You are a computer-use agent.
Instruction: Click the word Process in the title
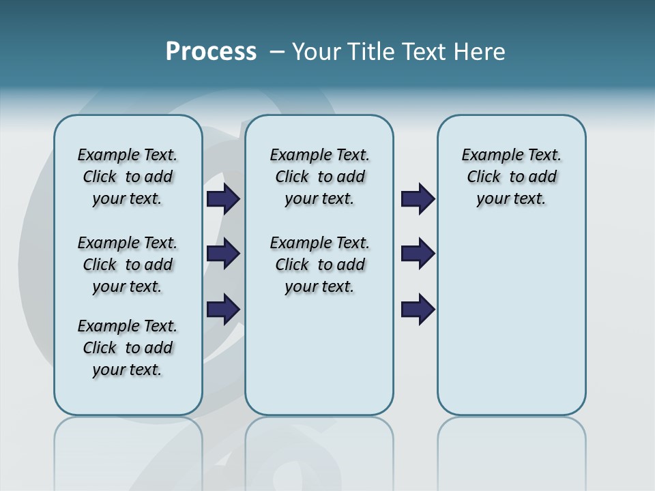pyautogui.click(x=211, y=52)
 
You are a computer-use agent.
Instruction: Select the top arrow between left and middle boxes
pyautogui.click(x=223, y=199)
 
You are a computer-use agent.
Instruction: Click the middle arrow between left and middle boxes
pyautogui.click(x=223, y=254)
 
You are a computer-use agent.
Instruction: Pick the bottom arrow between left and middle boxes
pyautogui.click(x=223, y=309)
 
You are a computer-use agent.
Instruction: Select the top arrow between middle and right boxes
pyautogui.click(x=418, y=199)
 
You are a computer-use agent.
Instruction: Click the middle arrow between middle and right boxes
pyautogui.click(x=418, y=254)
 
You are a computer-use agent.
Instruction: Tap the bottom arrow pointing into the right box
pyautogui.click(x=418, y=309)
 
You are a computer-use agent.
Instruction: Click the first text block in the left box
pyautogui.click(x=128, y=177)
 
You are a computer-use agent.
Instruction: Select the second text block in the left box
pyautogui.click(x=128, y=265)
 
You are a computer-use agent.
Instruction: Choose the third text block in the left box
pyautogui.click(x=128, y=348)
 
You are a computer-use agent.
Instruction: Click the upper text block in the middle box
pyautogui.click(x=319, y=177)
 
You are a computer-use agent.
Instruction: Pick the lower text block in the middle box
pyautogui.click(x=319, y=265)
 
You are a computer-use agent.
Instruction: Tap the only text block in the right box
pyautogui.click(x=511, y=177)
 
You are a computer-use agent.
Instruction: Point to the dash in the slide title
pyautogui.click(x=277, y=52)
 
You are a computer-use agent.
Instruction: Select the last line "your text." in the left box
pyautogui.click(x=127, y=370)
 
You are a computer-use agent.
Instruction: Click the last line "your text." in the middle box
pyautogui.click(x=319, y=286)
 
